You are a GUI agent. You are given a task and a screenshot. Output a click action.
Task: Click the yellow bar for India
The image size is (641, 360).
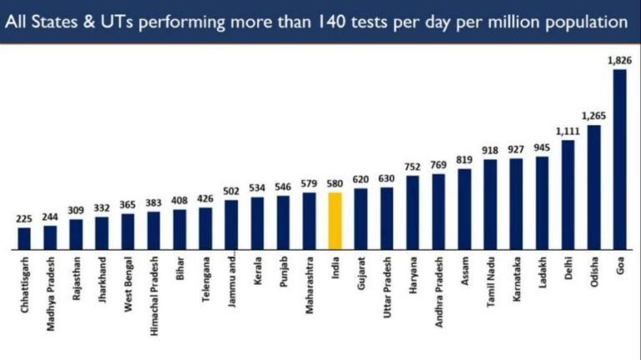pyautogui.click(x=335, y=221)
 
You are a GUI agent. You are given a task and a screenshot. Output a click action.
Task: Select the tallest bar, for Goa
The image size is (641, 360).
pyautogui.click(x=619, y=159)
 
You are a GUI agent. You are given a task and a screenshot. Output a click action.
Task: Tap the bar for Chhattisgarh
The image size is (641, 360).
pyautogui.click(x=24, y=238)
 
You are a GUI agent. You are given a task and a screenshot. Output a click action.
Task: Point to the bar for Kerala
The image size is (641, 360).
pyautogui.click(x=257, y=223)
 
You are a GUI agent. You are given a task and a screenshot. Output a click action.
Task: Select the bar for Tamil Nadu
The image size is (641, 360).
pyautogui.click(x=490, y=204)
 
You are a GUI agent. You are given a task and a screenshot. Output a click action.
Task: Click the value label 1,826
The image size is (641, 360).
pyautogui.click(x=618, y=60)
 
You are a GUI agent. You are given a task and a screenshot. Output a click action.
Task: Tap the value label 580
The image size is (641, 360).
pyautogui.click(x=335, y=185)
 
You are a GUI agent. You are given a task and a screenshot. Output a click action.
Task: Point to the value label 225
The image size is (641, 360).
pyautogui.click(x=24, y=219)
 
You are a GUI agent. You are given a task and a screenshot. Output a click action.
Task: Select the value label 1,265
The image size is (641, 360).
pyautogui.click(x=593, y=115)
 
